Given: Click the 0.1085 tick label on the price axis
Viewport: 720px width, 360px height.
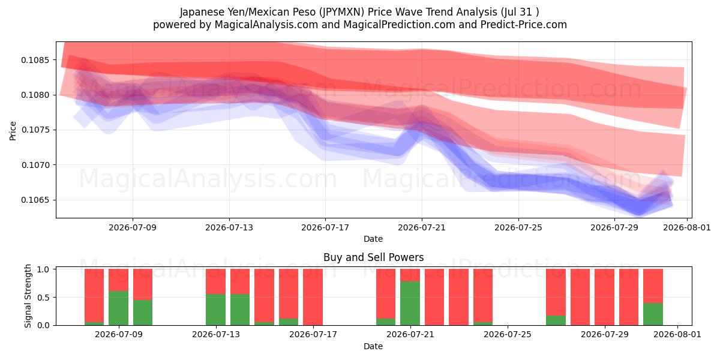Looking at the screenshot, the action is tap(35, 60).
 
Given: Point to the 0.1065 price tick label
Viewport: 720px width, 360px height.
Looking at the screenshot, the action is tap(35, 200).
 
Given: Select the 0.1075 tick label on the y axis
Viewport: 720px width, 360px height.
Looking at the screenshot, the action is tap(35, 130).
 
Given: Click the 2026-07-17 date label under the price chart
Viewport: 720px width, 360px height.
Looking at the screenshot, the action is tap(325, 227).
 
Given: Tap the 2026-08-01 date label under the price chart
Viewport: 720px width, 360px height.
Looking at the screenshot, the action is tap(687, 227).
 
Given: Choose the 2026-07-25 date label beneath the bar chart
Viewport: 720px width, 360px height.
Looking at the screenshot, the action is tap(508, 335).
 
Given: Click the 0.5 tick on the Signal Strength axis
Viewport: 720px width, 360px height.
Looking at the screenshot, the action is tap(43, 298).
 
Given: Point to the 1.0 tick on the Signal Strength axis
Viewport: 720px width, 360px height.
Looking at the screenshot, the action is tap(43, 269).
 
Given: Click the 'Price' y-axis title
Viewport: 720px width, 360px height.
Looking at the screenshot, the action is tap(13, 131).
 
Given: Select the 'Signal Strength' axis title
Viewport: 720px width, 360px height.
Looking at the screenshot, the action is tap(28, 296).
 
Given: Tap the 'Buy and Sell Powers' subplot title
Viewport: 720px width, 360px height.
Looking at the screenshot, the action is tap(373, 257).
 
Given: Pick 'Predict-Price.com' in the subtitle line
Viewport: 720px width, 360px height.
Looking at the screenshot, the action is tap(524, 25).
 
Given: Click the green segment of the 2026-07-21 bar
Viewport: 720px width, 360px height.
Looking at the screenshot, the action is tap(410, 304).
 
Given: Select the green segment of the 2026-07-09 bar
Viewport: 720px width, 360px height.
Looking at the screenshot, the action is tap(119, 308).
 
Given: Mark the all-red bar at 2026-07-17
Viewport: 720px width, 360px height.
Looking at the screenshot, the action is tap(313, 297).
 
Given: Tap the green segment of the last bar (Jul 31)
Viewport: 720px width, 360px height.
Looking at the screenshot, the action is tap(653, 314).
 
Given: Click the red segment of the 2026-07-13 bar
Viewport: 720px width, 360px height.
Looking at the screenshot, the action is tap(215, 281).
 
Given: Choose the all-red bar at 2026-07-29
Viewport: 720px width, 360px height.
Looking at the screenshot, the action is tap(604, 297).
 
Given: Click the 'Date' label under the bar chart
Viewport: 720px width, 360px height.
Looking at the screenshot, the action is tap(373, 346).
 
